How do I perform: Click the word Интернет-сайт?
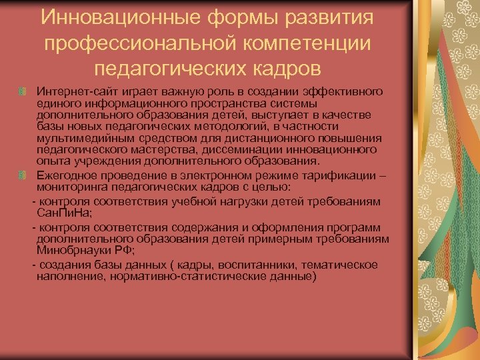(70, 91)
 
